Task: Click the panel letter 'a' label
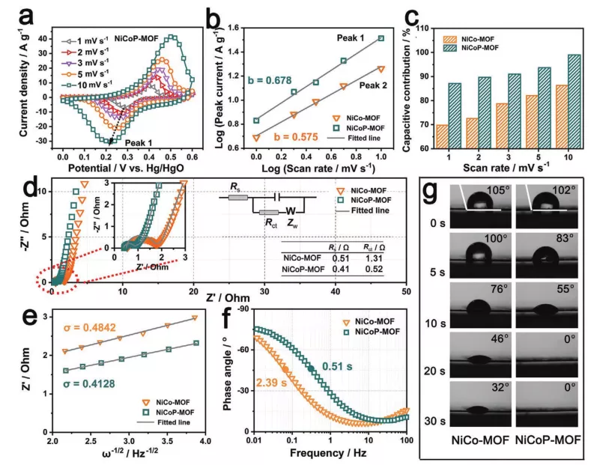click(x=16, y=16)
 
